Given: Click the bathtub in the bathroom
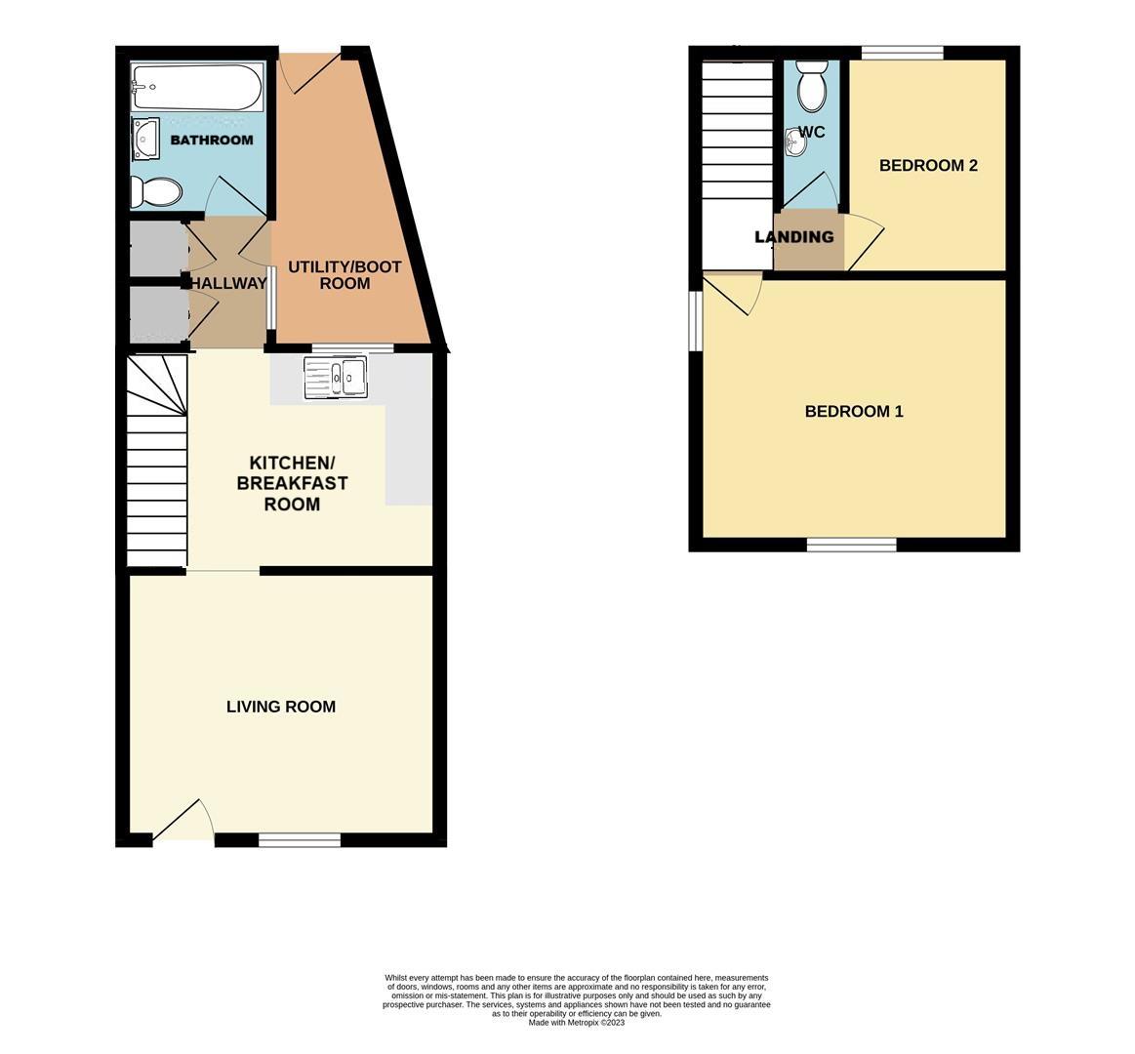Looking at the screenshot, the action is tap(196, 88).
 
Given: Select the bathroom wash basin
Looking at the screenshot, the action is tap(145, 138).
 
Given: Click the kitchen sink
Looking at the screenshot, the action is tap(335, 377).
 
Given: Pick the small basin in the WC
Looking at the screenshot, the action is tap(794, 142).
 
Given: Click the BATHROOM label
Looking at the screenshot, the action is tap(212, 140).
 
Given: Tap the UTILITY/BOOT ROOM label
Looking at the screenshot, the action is tap(345, 275).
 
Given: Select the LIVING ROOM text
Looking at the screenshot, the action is tap(281, 707).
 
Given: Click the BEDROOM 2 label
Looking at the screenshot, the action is tap(928, 165).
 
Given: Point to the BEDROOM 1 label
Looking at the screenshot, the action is tap(854, 411).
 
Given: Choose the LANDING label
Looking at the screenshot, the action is tap(794, 237).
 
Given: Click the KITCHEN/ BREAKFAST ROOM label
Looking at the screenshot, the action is tap(293, 483).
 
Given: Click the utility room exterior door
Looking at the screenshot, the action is tap(311, 72).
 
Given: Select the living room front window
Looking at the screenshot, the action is tap(300, 839).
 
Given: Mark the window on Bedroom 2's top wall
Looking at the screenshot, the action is tap(902, 52).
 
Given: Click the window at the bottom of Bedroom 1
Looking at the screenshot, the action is tap(852, 545).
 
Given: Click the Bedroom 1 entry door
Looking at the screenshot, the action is tap(733, 293).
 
